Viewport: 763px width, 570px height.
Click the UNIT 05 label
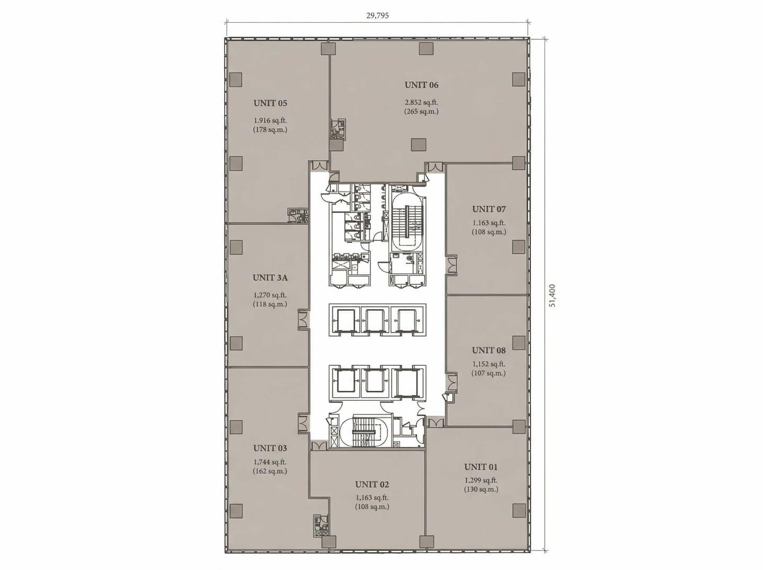tap(270, 103)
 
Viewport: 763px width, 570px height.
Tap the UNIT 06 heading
tap(421, 85)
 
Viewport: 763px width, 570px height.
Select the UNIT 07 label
tap(489, 209)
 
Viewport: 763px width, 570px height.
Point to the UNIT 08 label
tap(489, 350)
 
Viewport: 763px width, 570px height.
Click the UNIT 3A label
tap(270, 277)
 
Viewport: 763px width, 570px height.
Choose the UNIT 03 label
tap(270, 448)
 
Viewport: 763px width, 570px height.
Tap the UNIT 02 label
tap(372, 484)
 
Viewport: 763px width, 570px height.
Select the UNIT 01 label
tap(481, 467)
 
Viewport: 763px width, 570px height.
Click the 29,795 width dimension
tap(377, 15)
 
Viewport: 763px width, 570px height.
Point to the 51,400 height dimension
tap(553, 296)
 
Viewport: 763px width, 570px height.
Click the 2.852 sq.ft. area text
tap(421, 102)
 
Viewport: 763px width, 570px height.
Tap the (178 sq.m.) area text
tap(270, 130)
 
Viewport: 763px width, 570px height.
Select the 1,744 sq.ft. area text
tap(270, 462)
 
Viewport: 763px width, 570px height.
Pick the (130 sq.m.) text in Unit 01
tap(481, 489)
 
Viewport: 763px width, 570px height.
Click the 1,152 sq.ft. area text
tap(489, 364)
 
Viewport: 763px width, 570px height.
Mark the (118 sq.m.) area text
tap(270, 304)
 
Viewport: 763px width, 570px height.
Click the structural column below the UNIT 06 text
tap(419, 145)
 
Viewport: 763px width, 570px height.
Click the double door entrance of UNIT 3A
tap(303, 320)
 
